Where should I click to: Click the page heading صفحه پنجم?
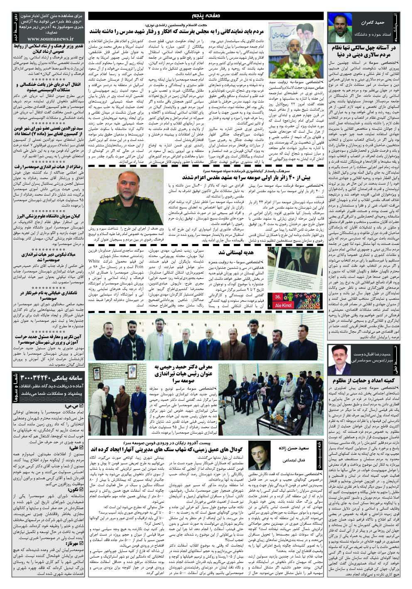tap(206, 16)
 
